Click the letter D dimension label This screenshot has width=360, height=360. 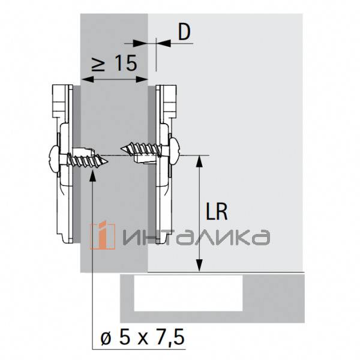click(184, 32)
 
